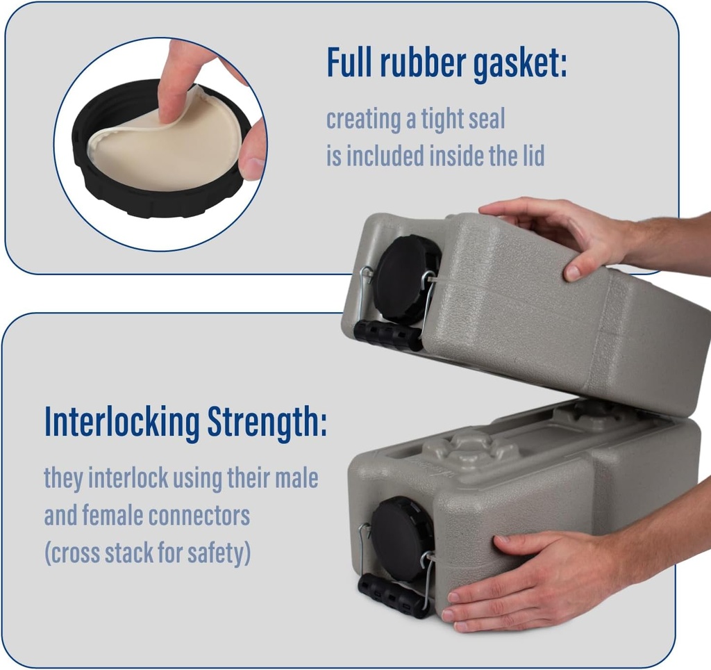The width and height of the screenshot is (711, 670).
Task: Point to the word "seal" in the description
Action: click(x=482, y=120)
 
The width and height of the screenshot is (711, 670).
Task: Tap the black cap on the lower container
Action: click(x=401, y=539)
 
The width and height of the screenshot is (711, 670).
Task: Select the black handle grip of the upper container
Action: click(x=387, y=335)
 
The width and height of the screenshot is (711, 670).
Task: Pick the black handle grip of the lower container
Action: click(x=393, y=595)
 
